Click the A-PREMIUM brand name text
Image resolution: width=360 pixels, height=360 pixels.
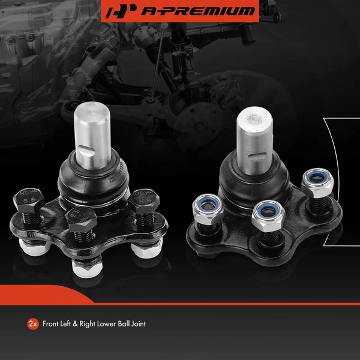pos(191,11)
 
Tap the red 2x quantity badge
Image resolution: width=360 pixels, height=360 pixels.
pos(34,324)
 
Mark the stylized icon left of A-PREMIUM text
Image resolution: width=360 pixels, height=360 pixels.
pos(118,11)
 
